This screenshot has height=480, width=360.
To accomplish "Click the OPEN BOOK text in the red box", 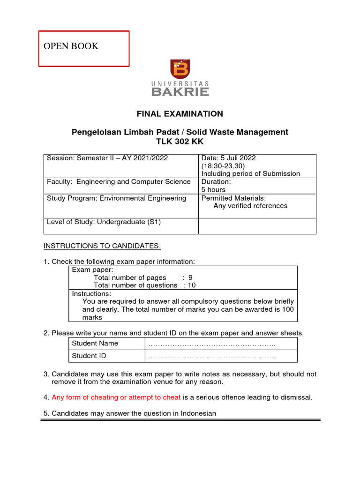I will pos(71,46).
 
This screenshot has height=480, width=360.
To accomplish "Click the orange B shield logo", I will pos(180,69).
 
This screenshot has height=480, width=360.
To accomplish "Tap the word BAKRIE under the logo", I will pos(180,91).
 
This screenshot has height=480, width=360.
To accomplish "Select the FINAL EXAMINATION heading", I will pos(180,114).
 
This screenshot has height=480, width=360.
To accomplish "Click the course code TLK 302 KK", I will pos(180,142).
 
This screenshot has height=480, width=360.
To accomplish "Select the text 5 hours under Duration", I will pos(213,190).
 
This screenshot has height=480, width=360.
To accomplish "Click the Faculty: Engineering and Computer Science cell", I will pos(119,182).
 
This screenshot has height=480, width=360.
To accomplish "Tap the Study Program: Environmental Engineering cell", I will pos(116,198).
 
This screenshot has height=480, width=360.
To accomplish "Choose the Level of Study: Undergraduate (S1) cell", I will pos(104,222).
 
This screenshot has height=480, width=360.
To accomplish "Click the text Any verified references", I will pos(250,206).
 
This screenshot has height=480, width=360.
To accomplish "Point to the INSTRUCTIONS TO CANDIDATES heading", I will pos(102,246).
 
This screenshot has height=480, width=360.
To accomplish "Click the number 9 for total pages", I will pos(190,277).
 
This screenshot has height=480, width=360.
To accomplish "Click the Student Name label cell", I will pos(95,344).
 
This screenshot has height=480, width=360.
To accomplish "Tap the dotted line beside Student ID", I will pos(211,356).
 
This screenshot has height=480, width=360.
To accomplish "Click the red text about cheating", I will pos(116,397).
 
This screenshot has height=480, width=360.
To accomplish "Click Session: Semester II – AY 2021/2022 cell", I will pos(107,158).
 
